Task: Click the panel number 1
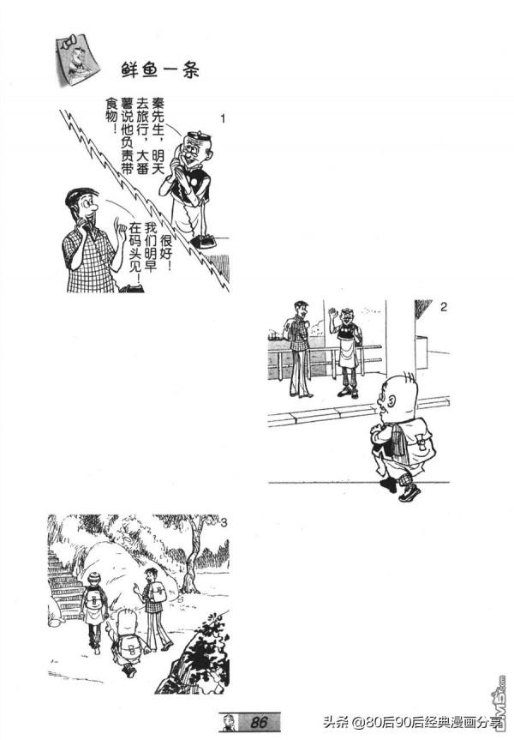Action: (x=223, y=118)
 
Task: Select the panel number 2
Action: (x=443, y=307)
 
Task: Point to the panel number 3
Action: (x=224, y=522)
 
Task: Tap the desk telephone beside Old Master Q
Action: (x=203, y=241)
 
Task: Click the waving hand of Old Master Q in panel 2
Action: (x=331, y=316)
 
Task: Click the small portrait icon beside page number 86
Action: (x=230, y=721)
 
